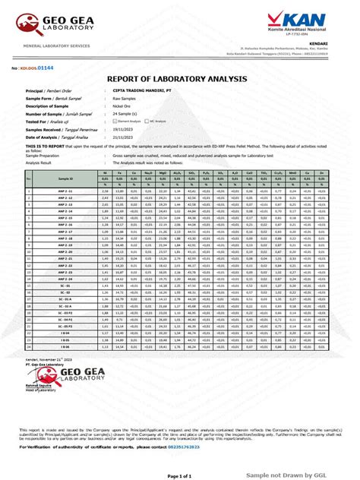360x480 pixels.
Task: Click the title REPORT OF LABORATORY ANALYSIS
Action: coord(180,80)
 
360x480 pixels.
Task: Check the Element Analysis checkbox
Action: coord(115,120)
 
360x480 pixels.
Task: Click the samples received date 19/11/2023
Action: coord(126,128)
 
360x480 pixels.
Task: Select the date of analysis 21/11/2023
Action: coord(126,135)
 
